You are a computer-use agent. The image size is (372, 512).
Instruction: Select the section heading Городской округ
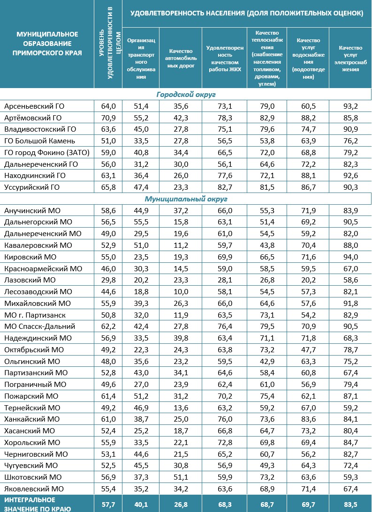(x=186, y=95)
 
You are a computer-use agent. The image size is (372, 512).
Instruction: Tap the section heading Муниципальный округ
(x=186, y=199)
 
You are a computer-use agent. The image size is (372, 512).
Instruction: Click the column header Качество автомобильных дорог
(x=180, y=58)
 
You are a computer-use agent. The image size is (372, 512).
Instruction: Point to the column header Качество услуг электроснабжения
(x=350, y=58)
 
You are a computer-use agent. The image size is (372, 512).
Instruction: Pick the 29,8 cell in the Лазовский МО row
(x=108, y=280)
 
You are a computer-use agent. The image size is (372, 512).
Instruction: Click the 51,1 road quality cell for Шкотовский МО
(x=180, y=477)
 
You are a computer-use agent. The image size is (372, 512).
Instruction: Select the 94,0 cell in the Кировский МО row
(x=350, y=257)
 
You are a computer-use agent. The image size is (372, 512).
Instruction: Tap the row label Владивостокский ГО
(x=40, y=129)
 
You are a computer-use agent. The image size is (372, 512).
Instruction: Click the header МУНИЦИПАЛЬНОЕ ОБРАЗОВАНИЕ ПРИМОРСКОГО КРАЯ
(x=47, y=44)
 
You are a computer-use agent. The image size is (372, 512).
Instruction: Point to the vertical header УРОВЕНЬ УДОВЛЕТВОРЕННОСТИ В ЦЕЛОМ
(x=108, y=44)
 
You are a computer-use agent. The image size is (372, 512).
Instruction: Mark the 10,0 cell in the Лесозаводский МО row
(x=180, y=291)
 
